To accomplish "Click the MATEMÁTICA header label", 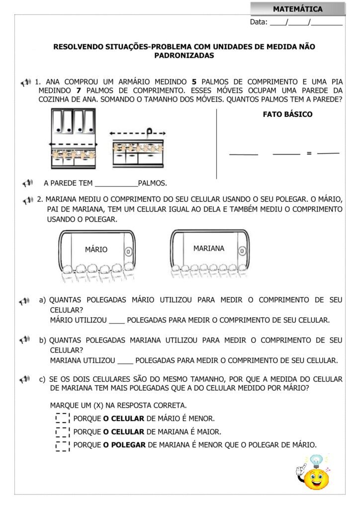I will pos(297,9).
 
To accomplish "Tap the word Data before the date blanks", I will pos(259,22).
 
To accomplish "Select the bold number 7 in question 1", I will pos(79,90).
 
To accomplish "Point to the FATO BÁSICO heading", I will pos(287,114).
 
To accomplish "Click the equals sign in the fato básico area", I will pos(309,153).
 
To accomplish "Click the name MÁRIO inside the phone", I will pos(96,250).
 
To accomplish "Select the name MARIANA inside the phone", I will pos(209,248).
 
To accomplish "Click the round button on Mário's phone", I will pos(128,252).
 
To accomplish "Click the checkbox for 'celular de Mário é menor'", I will pos(63,419).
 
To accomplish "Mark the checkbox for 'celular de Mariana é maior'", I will pos(63,432).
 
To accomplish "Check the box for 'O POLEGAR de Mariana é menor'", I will pos(63,445).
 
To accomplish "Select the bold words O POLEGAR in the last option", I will pos(124,445).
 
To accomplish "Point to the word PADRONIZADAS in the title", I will pos(184,56).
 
